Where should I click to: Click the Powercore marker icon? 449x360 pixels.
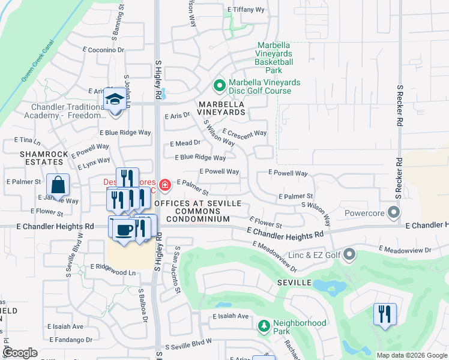(394, 213)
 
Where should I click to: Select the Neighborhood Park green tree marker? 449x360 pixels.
(263, 327)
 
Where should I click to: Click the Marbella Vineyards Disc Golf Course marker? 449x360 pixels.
(219, 86)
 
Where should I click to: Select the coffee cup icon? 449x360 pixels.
(124, 230)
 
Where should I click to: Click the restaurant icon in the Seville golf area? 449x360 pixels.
(385, 314)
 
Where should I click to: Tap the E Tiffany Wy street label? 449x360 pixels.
(247, 10)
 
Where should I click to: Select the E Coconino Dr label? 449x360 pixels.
(103, 50)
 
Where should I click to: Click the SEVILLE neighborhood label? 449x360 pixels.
(294, 282)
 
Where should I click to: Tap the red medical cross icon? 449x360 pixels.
(164, 184)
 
